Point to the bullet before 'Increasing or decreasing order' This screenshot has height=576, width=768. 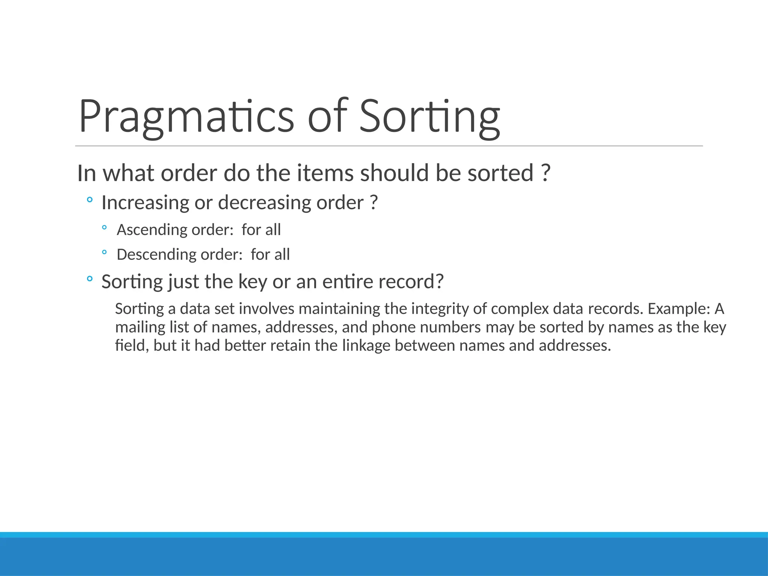(x=89, y=200)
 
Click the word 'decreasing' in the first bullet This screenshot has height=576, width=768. (x=264, y=203)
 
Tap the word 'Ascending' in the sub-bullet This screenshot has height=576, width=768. (x=152, y=229)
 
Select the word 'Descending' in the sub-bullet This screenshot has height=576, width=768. (x=156, y=254)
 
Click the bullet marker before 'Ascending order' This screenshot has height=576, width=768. (x=104, y=227)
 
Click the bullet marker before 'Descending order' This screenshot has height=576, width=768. (x=104, y=252)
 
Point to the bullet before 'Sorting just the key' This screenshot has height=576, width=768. (x=89, y=279)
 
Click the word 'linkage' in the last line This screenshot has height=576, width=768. (x=366, y=345)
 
